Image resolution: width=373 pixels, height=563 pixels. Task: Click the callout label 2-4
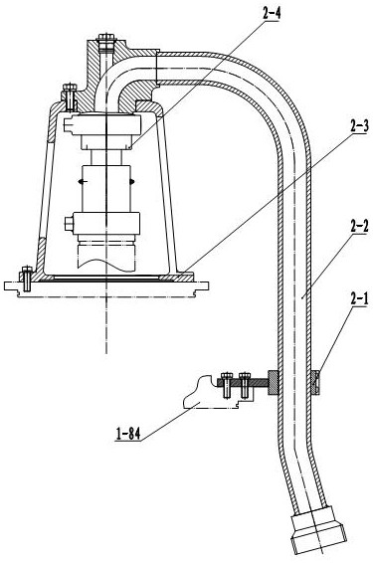[x=272, y=14]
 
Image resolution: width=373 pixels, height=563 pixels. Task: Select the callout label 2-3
[x=359, y=126]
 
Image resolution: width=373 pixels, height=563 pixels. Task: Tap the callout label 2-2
[x=359, y=227]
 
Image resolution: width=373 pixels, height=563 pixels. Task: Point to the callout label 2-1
[x=359, y=299]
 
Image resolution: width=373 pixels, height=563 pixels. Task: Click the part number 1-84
[x=128, y=434]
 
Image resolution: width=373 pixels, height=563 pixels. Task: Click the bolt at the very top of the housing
[x=106, y=44]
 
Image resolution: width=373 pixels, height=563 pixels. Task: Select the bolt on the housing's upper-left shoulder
[x=70, y=96]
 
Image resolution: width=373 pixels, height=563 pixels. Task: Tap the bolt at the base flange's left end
[x=27, y=279]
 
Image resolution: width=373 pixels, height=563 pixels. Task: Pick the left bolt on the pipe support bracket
[x=227, y=385]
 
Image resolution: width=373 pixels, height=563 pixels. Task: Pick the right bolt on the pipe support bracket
[x=245, y=385]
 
